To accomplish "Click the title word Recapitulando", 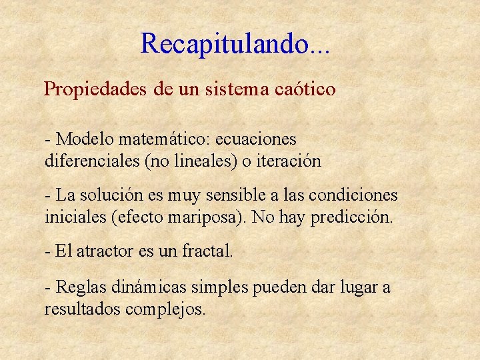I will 225,44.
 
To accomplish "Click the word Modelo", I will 85,139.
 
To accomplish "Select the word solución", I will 106,195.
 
